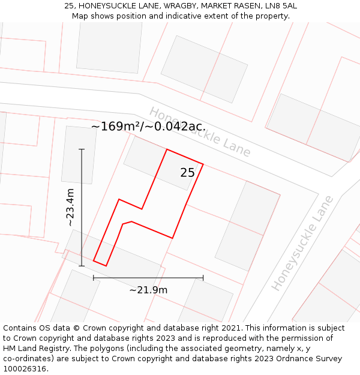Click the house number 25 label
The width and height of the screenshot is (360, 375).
point(187,173)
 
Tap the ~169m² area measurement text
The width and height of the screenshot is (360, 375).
point(119,127)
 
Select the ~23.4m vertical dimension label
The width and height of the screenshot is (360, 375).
point(70,207)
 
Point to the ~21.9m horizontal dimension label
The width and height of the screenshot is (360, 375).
point(148,290)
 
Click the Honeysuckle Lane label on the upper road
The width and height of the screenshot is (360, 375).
point(200,132)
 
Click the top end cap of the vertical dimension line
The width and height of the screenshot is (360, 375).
point(82,149)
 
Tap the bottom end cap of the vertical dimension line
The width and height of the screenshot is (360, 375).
point(82,266)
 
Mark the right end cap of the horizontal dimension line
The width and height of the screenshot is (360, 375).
point(203,278)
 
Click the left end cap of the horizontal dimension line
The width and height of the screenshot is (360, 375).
point(94,278)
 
